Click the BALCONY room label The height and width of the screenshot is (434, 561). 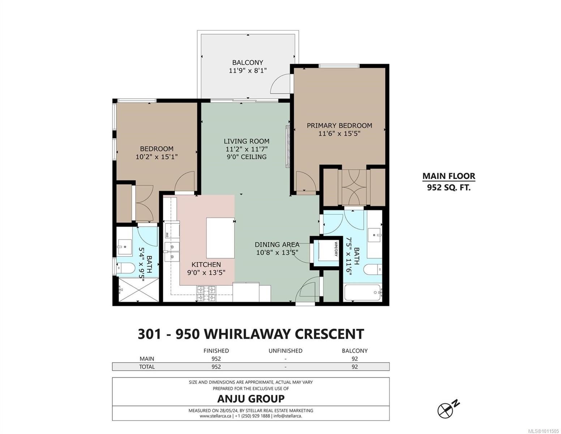pyautogui.click(x=247, y=63)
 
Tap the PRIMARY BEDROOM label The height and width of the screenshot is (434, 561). pyautogui.click(x=339, y=125)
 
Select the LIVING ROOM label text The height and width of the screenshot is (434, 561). pyautogui.click(x=246, y=141)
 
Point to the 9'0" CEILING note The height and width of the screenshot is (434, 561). pyautogui.click(x=246, y=157)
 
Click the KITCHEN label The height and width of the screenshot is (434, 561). pyautogui.click(x=206, y=265)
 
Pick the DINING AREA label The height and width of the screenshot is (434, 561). pyautogui.click(x=277, y=244)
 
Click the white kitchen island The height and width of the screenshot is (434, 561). pyautogui.click(x=220, y=238)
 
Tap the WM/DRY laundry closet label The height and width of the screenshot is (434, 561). pyautogui.click(x=336, y=249)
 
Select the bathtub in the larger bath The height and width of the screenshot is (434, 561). pyautogui.click(x=363, y=293)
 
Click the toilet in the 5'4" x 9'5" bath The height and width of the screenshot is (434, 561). pyautogui.click(x=126, y=268)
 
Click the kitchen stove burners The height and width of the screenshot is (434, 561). pyautogui.click(x=206, y=293)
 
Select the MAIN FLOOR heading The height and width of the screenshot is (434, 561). pyautogui.click(x=449, y=176)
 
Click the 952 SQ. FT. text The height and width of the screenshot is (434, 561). pyautogui.click(x=449, y=187)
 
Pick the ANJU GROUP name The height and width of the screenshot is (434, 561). pyautogui.click(x=251, y=399)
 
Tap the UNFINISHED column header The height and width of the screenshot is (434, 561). pyautogui.click(x=285, y=350)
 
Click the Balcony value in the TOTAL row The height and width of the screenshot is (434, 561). pyautogui.click(x=355, y=367)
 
